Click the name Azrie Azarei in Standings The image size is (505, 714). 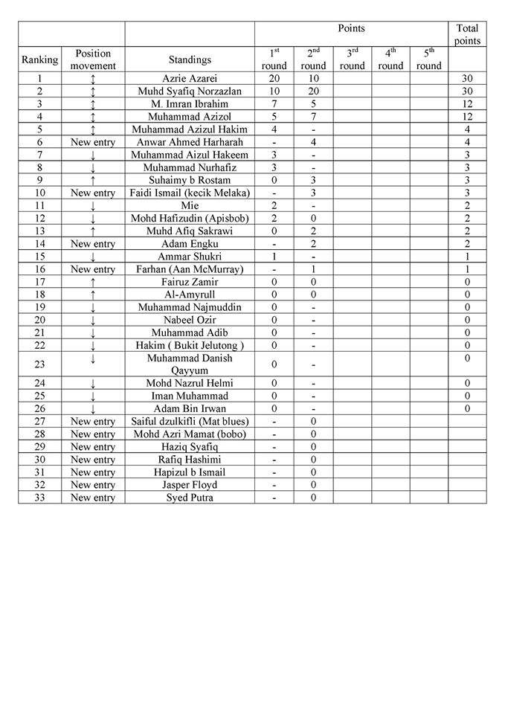pyautogui.click(x=190, y=78)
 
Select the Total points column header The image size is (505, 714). pyautogui.click(x=467, y=34)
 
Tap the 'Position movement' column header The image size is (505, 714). pyautogui.click(x=93, y=59)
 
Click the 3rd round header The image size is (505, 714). pyautogui.click(x=352, y=59)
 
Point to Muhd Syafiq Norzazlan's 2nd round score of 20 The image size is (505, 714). pyautogui.click(x=313, y=91)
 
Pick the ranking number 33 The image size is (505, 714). pyautogui.click(x=40, y=498)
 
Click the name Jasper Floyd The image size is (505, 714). pyautogui.click(x=190, y=485)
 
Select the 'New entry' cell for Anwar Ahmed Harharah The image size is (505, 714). pyautogui.click(x=93, y=142)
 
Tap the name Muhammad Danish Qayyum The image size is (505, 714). pyautogui.click(x=190, y=364)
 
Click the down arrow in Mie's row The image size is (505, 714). pyautogui.click(x=93, y=206)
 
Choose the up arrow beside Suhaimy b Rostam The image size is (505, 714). pyautogui.click(x=93, y=180)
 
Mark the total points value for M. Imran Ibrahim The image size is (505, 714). pyautogui.click(x=467, y=103)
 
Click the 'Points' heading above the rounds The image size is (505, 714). pyautogui.click(x=351, y=28)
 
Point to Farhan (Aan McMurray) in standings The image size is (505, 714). pyautogui.click(x=190, y=269)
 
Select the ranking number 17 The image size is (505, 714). pyautogui.click(x=40, y=282)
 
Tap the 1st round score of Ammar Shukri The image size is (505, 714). pyautogui.click(x=274, y=257)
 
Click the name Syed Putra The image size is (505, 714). pyautogui.click(x=190, y=498)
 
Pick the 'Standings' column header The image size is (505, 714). pyautogui.click(x=190, y=59)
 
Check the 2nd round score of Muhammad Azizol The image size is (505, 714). pyautogui.click(x=313, y=117)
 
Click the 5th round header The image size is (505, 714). pyautogui.click(x=428, y=59)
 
